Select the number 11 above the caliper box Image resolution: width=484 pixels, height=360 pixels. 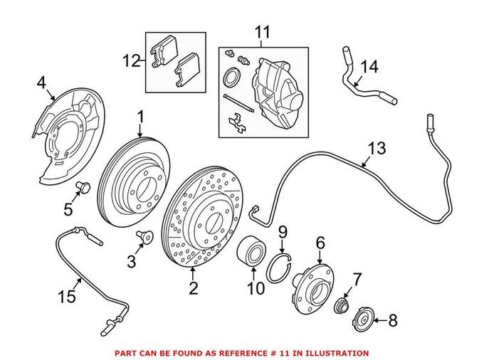point(263,33)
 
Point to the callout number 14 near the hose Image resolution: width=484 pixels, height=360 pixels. point(370,67)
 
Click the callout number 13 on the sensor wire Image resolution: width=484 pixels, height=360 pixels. point(377,149)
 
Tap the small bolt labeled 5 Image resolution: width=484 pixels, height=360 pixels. point(80,188)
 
